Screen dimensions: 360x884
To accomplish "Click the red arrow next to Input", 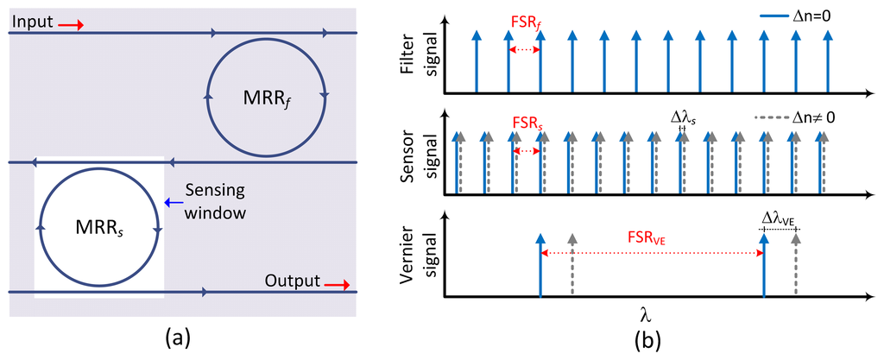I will pos(71,24).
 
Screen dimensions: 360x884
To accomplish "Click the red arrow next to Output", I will pos(336,283).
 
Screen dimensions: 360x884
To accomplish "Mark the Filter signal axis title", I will pos(420,59).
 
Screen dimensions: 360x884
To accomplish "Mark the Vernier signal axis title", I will pos(420,256).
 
